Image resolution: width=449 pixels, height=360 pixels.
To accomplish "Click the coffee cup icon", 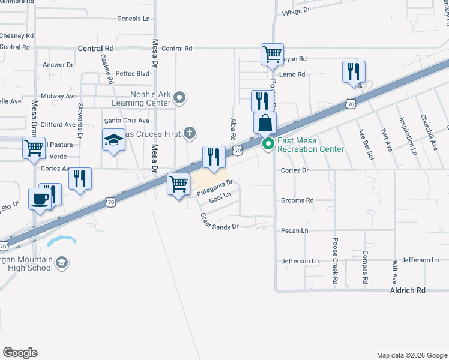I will [x=40, y=199].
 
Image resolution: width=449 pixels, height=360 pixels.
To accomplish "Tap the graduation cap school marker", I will [x=113, y=140].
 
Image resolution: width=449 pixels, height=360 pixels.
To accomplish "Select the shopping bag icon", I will [x=265, y=123].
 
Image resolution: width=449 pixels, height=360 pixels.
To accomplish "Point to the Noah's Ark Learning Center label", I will [x=151, y=98].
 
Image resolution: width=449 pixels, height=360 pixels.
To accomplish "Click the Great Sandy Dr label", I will [x=220, y=221].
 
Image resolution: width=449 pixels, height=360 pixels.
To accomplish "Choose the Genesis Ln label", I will [x=133, y=19].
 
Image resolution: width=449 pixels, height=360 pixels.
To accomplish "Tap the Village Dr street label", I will [x=295, y=11].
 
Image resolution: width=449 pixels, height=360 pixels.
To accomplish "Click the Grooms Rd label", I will [x=297, y=200].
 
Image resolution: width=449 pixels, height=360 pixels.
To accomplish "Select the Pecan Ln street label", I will [x=294, y=230].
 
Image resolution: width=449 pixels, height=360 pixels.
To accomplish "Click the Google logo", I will [x=20, y=353].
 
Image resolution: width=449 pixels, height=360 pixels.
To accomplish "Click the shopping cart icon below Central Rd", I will [x=272, y=54].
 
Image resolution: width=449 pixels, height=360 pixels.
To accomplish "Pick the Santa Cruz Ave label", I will [x=127, y=121].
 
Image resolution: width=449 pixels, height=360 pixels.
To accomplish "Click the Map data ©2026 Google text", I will [x=411, y=355].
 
